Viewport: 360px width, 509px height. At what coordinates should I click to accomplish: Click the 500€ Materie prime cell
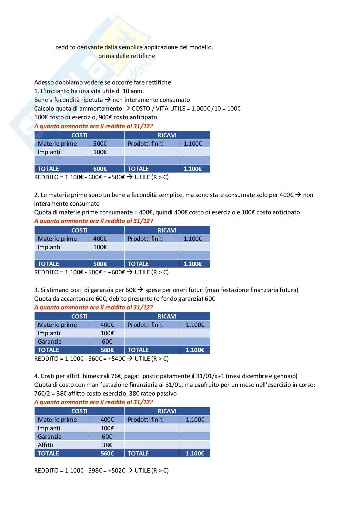(x=100, y=144)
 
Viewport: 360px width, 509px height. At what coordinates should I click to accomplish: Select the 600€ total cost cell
(x=100, y=169)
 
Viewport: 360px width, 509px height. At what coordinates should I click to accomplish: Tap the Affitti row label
(x=45, y=445)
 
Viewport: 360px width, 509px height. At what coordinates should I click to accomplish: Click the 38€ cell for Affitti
(x=107, y=445)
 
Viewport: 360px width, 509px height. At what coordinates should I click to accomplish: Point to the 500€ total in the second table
(x=100, y=264)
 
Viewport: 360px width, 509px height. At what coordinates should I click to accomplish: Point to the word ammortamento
(x=101, y=109)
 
